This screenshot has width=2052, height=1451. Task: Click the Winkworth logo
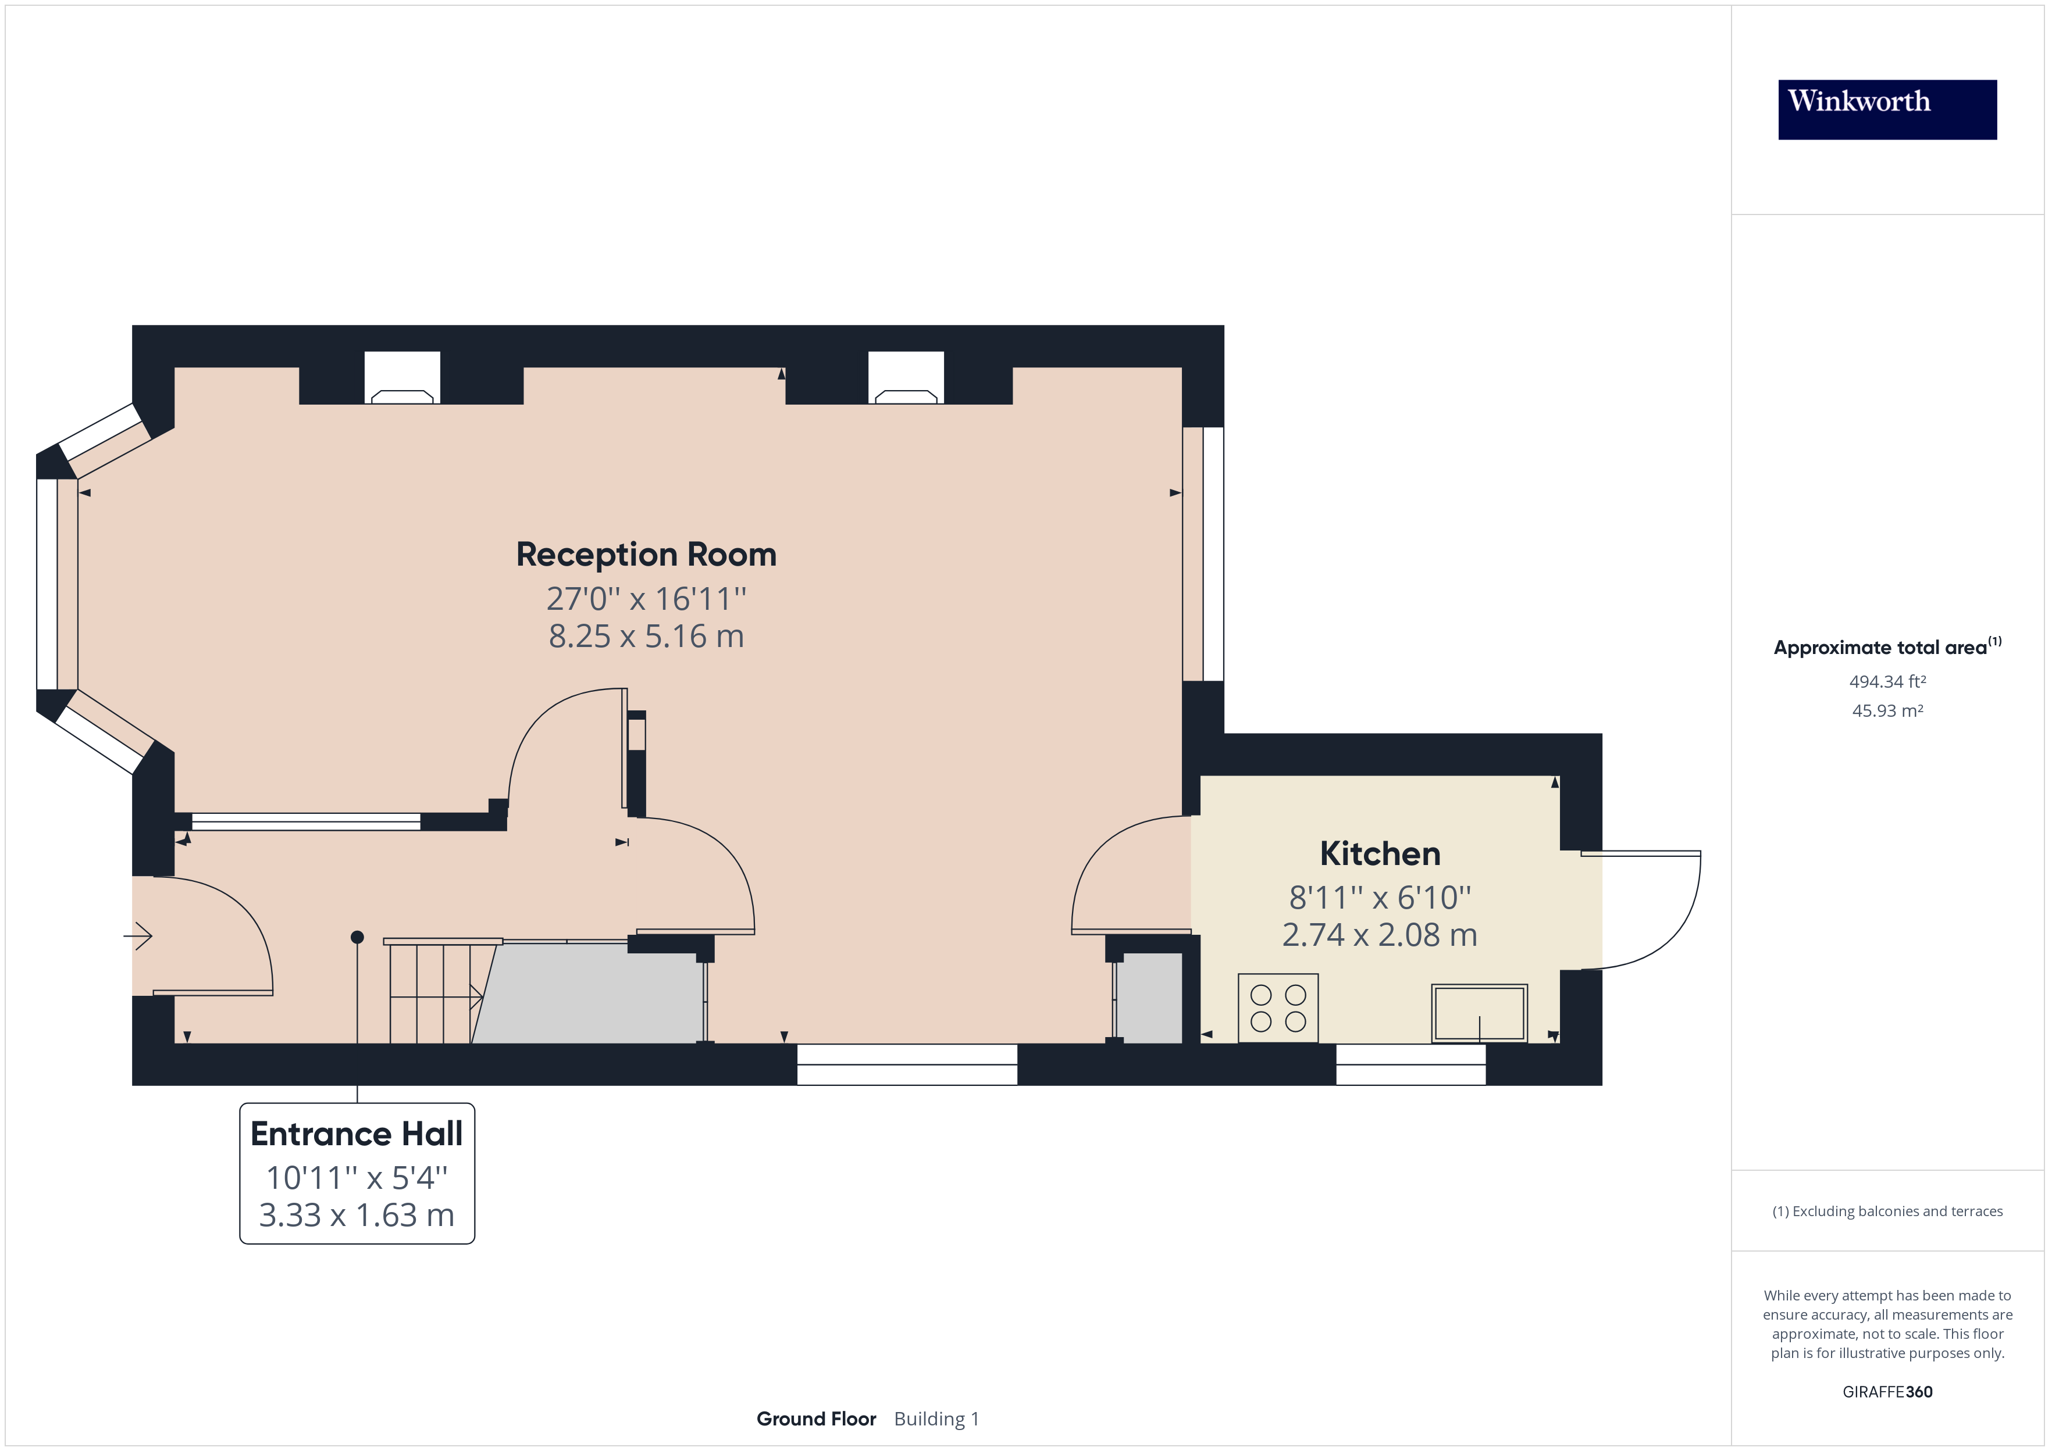(1887, 109)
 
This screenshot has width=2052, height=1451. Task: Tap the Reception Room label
(646, 555)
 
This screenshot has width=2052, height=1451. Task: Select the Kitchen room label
(1379, 854)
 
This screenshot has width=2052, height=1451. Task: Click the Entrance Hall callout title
(357, 1134)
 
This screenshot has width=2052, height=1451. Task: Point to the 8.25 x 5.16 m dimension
(646, 636)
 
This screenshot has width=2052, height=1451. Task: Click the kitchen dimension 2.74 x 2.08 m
(1379, 935)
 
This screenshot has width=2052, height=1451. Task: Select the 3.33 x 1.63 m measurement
(357, 1215)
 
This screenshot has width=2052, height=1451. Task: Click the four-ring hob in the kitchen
(1278, 1008)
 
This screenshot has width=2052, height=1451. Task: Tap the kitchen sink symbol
(1479, 1013)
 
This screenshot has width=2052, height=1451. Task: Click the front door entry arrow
(138, 937)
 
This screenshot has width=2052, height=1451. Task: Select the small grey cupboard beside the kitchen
(1150, 998)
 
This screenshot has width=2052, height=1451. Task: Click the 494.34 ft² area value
(1887, 682)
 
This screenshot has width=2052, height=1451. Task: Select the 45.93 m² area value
(1887, 711)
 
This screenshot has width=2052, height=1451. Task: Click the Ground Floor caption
(816, 1419)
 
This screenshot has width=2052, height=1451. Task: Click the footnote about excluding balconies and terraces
(1887, 1211)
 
